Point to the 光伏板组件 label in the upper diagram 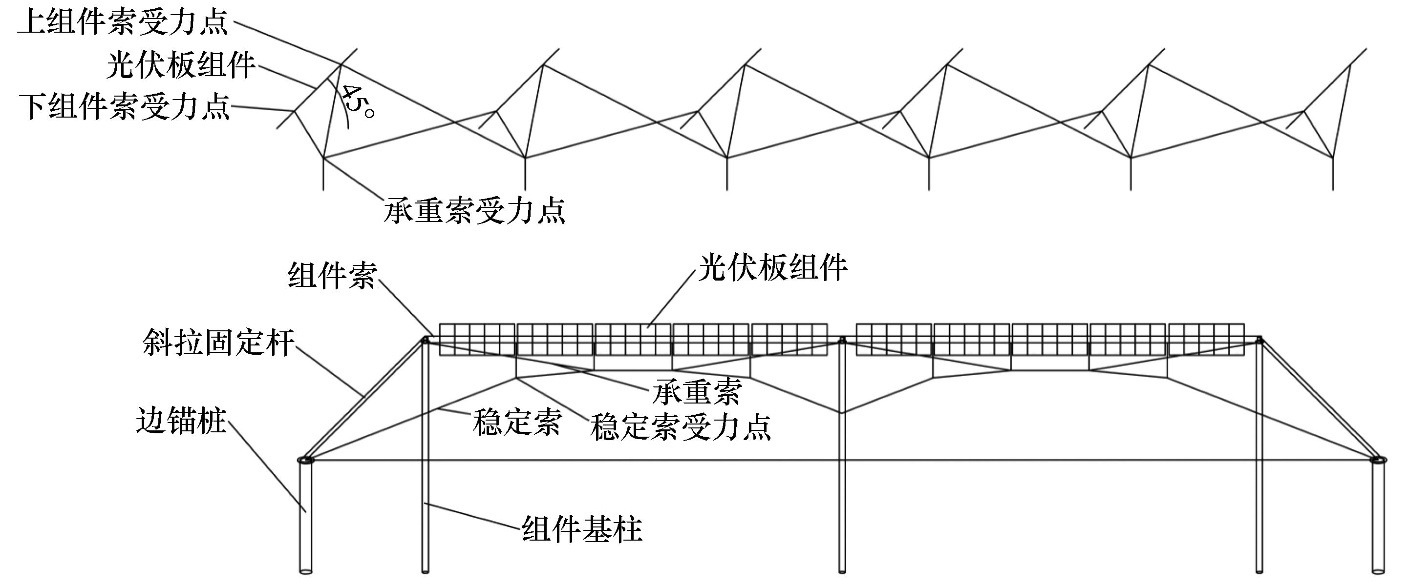(181, 65)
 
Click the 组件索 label (332, 276)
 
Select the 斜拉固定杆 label (219, 343)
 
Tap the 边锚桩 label (181, 421)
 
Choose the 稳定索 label (517, 422)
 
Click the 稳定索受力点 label (681, 426)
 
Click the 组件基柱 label (582, 528)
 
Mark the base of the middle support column (842, 571)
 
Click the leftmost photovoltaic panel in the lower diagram (477, 340)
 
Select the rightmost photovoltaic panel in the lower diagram (1207, 340)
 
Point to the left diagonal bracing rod (365, 398)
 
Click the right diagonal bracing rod (1318, 398)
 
